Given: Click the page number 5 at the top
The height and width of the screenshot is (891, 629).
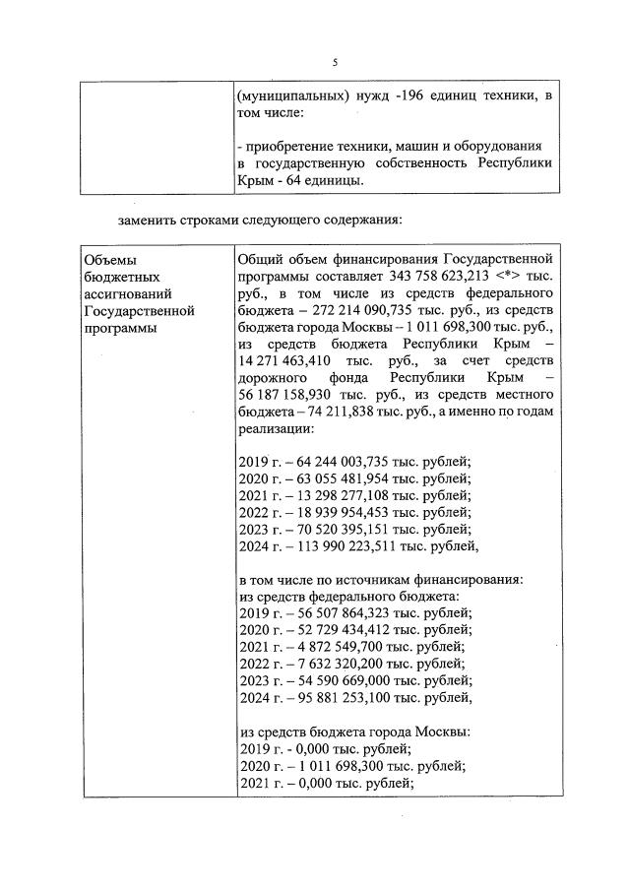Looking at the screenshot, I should point(335,62).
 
